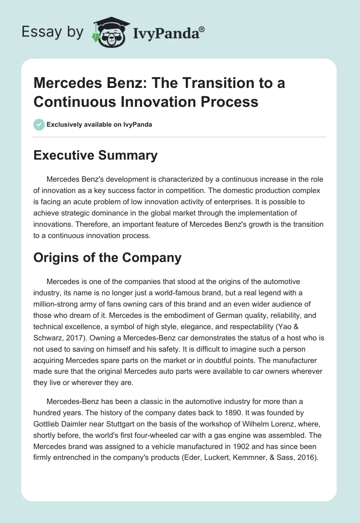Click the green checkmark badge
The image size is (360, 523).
(39, 124)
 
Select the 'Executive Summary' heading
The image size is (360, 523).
(96, 156)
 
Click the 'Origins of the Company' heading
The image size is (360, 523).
(108, 257)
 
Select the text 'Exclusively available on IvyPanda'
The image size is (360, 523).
(99, 124)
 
